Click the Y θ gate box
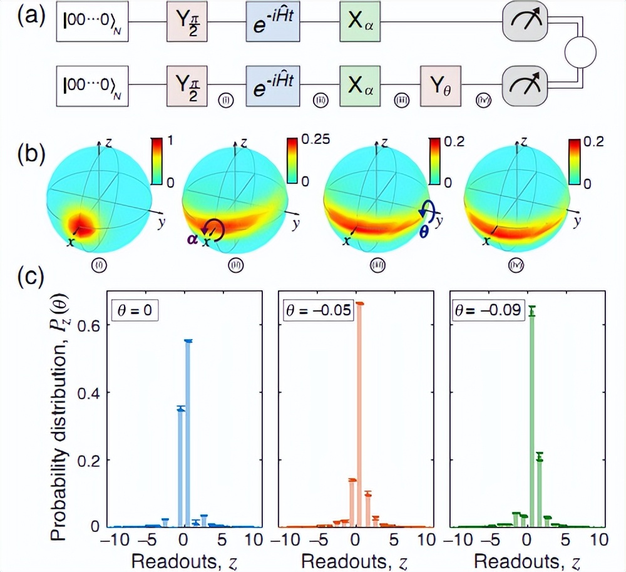tap(441, 83)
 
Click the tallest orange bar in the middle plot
tap(360, 415)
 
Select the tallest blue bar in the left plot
tap(188, 433)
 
